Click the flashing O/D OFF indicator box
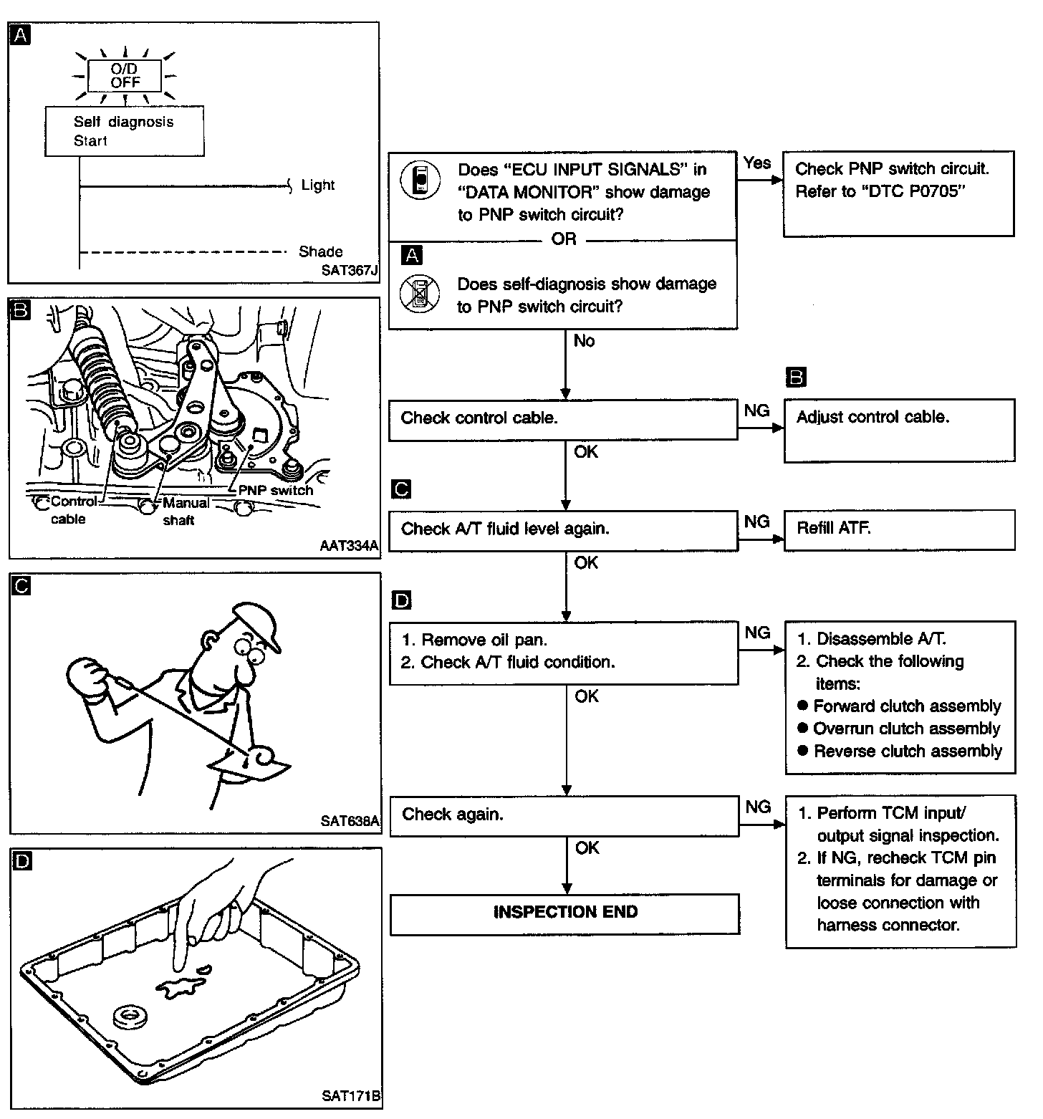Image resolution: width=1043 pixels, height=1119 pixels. pos(125,75)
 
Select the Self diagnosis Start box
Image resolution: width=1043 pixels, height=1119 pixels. pos(125,131)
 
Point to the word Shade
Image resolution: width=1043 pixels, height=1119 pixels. pos(320,251)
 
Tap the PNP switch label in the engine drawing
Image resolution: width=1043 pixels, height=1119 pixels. pos(276,491)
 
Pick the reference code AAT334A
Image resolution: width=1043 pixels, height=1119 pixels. pos(349,546)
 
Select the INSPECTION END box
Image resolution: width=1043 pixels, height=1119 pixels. pos(564,912)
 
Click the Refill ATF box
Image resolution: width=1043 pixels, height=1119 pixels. pos(899,529)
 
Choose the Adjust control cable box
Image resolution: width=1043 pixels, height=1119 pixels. pos(899,430)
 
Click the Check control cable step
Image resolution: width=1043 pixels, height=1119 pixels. pos(562,418)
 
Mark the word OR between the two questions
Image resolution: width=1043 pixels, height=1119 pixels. pos(564,239)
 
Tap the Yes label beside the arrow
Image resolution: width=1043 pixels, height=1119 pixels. pos(756,163)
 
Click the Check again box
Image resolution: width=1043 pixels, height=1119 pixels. pos(563,815)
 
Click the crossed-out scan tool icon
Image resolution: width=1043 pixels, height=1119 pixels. pos(420,294)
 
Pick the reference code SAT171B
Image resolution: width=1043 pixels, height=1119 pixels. pos(350,1095)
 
